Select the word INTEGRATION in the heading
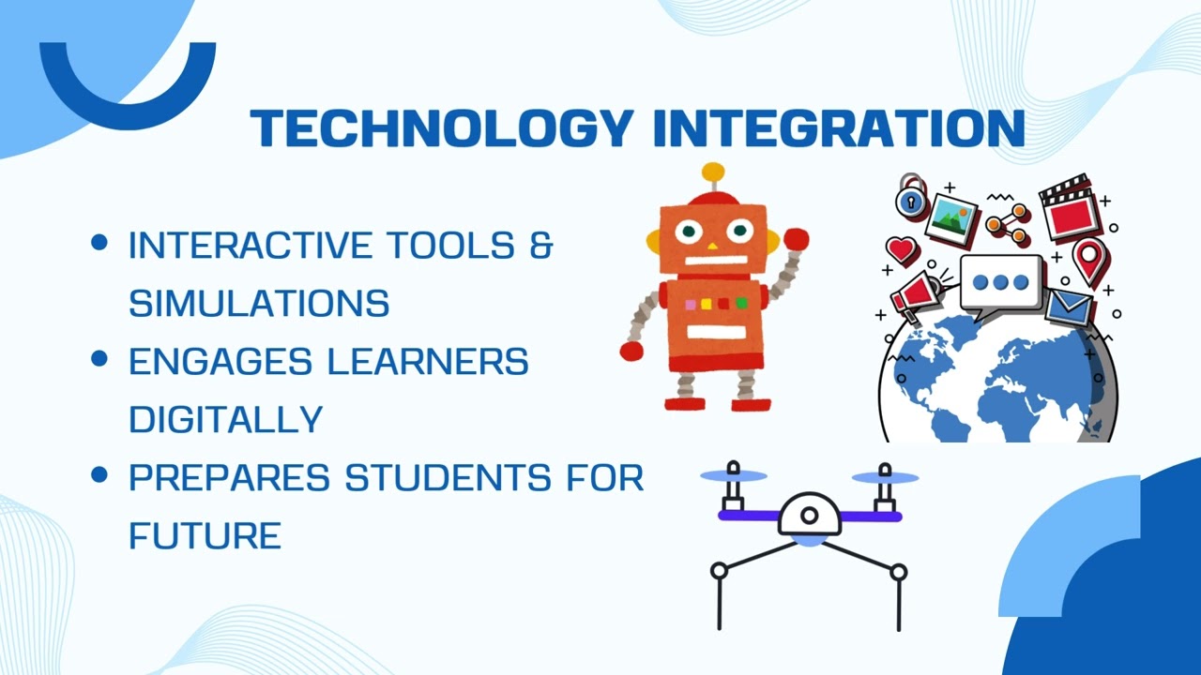click(838, 128)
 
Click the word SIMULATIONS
click(259, 303)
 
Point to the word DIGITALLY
click(225, 419)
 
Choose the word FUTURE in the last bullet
click(205, 535)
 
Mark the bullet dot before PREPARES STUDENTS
click(99, 475)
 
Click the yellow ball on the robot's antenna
click(714, 172)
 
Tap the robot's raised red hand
click(796, 239)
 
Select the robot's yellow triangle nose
click(712, 247)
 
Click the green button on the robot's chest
click(741, 303)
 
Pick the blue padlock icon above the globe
click(910, 198)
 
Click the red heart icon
click(902, 249)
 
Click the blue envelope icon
click(1070, 307)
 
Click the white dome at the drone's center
click(810, 513)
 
